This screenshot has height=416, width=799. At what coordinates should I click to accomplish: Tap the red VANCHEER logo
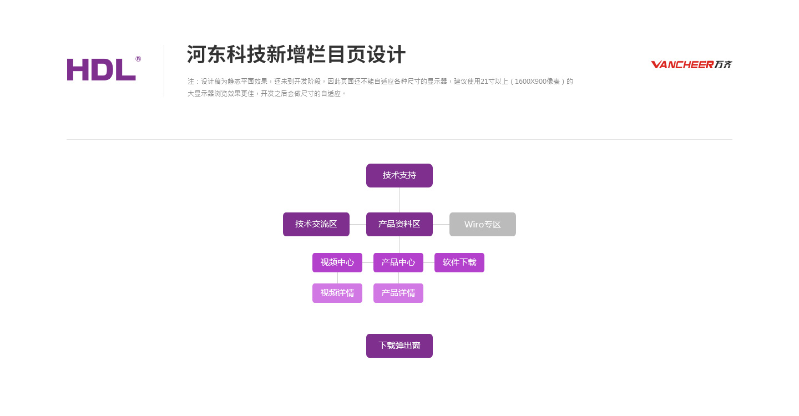tap(691, 64)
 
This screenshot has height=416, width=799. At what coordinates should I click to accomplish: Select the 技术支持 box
tap(399, 175)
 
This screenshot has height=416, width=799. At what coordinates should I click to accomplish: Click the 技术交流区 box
tap(316, 224)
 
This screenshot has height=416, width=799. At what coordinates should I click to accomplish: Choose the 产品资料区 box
tap(399, 224)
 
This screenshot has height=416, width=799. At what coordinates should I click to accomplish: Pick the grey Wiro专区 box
tap(483, 224)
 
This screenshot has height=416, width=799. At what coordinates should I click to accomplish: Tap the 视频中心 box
tap(337, 263)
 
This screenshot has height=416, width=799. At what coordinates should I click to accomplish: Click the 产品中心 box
tap(398, 263)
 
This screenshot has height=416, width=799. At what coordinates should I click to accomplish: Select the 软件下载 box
tap(459, 263)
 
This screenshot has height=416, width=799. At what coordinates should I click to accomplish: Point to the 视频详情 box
tap(337, 293)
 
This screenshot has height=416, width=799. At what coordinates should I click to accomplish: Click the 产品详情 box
tap(398, 293)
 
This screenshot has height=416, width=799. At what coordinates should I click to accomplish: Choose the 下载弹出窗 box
tap(399, 346)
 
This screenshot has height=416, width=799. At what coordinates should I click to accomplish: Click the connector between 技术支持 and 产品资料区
tap(399, 200)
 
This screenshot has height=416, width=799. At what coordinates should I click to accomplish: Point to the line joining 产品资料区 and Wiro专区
tap(441, 224)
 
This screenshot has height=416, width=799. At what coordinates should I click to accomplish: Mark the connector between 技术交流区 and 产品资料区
tap(358, 224)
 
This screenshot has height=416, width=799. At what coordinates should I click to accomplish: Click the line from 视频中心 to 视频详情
tap(337, 278)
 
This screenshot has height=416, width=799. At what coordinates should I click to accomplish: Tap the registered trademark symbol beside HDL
tap(138, 59)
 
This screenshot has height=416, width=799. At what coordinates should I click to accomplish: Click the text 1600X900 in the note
tap(530, 82)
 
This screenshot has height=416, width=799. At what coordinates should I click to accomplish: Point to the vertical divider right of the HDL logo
tap(164, 70)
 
